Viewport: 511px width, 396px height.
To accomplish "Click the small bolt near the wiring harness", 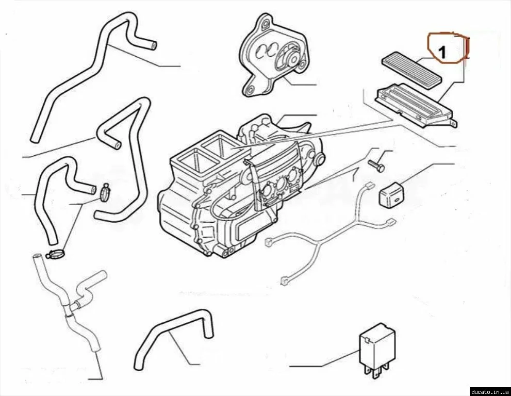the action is click(376, 164).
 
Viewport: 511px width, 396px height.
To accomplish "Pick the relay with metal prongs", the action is click(377, 351).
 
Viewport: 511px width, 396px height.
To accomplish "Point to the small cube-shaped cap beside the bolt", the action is click(391, 194).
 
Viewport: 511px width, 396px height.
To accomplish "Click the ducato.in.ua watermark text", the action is click(490, 391).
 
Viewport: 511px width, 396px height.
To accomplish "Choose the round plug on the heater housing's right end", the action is click(320, 159).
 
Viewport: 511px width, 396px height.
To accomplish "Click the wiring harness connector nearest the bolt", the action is click(369, 186).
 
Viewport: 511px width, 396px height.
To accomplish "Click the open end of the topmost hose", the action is click(153, 45).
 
